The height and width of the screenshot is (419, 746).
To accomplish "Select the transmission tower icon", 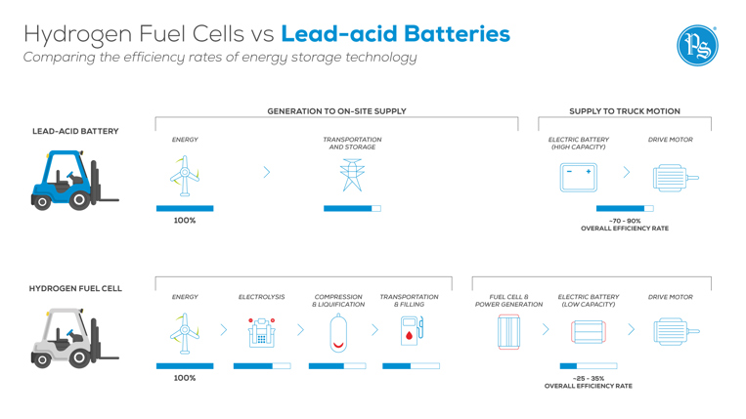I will click(x=352, y=177).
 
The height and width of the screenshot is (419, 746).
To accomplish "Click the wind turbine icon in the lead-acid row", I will click(x=184, y=177).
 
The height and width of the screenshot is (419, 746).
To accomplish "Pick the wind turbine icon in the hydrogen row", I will click(x=184, y=332).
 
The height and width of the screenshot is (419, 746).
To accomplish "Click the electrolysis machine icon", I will click(x=261, y=332).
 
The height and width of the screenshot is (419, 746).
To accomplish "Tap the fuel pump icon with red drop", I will click(x=412, y=332).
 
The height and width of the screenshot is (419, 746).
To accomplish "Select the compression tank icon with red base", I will click(x=338, y=332).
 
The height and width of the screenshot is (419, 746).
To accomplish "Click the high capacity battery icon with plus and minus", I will click(x=578, y=176).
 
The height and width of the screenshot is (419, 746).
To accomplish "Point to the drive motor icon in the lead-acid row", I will click(x=674, y=178).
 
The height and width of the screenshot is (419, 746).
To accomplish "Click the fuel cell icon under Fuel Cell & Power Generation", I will click(x=508, y=332).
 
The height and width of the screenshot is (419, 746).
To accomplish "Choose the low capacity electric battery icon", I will click(x=589, y=332).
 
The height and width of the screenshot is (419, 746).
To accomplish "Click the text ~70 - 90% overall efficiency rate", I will click(x=624, y=225).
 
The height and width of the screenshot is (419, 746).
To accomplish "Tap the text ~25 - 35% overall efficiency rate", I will click(x=588, y=382).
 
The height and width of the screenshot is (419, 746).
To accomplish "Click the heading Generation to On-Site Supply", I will click(x=336, y=111).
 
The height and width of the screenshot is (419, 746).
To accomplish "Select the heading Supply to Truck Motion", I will click(x=624, y=111).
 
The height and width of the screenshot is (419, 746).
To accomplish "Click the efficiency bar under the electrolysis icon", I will click(x=261, y=366).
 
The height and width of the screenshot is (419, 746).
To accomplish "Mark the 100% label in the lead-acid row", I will click(x=184, y=221).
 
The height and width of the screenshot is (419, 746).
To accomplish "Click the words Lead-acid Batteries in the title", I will click(x=395, y=34).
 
